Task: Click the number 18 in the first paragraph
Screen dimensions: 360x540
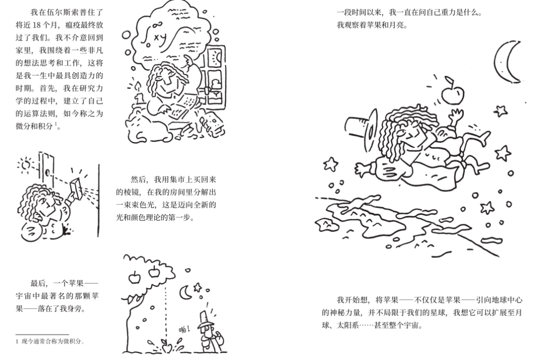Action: click(x=50, y=24)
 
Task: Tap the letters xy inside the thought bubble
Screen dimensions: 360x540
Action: click(x=161, y=36)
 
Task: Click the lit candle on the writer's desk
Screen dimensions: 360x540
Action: click(x=135, y=90)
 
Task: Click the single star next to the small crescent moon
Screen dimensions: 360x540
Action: click(x=197, y=287)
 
